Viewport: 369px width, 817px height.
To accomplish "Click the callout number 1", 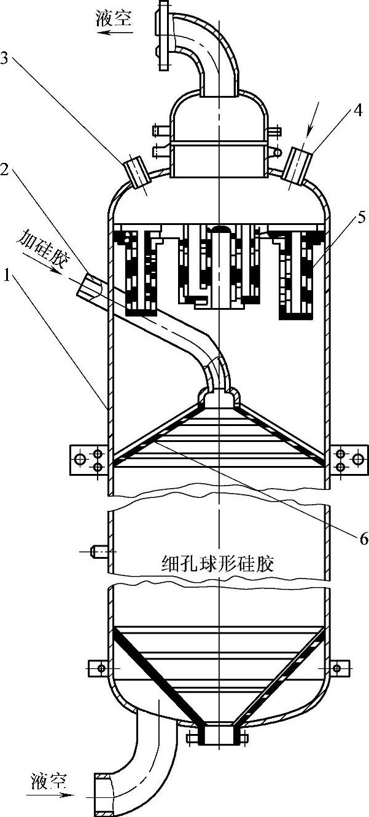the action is (x=7, y=277).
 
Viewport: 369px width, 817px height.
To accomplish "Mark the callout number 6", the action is (x=363, y=539).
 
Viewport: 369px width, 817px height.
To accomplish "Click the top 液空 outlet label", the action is (x=114, y=18).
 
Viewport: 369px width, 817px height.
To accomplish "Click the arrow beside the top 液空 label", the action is (x=114, y=33).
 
